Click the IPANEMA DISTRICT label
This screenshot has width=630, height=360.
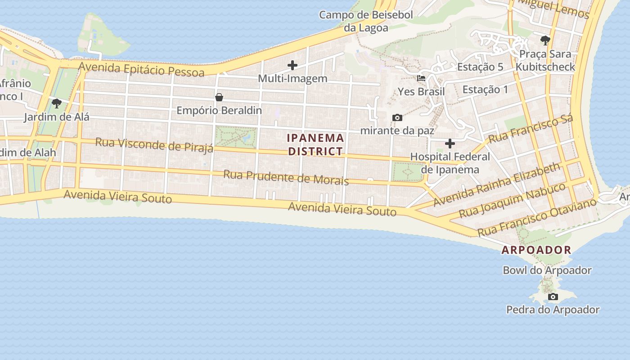pos(316,144)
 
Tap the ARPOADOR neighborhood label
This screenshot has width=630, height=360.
pos(536,250)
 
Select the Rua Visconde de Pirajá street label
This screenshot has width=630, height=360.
pos(154,145)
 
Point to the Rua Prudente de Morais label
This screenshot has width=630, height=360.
pos(286,177)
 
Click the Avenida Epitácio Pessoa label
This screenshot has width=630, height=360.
pos(141,69)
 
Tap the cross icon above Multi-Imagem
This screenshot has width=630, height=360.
pos(292,66)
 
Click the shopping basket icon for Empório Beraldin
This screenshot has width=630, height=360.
pos(219,97)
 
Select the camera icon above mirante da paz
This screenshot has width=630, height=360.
pos(397,118)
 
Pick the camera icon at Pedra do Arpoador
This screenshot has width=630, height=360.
pos(553,297)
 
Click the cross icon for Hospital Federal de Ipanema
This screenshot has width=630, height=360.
pos(450,144)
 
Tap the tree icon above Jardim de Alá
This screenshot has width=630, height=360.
pos(57,103)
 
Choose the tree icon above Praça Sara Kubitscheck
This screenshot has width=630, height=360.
pos(545,40)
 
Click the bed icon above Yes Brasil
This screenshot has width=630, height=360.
pos(421,78)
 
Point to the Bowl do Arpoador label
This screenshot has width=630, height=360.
pos(547,270)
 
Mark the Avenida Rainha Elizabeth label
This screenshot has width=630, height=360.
pos(497,184)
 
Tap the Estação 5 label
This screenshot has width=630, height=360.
pos(480,67)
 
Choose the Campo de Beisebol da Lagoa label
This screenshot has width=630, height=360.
pos(366,21)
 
